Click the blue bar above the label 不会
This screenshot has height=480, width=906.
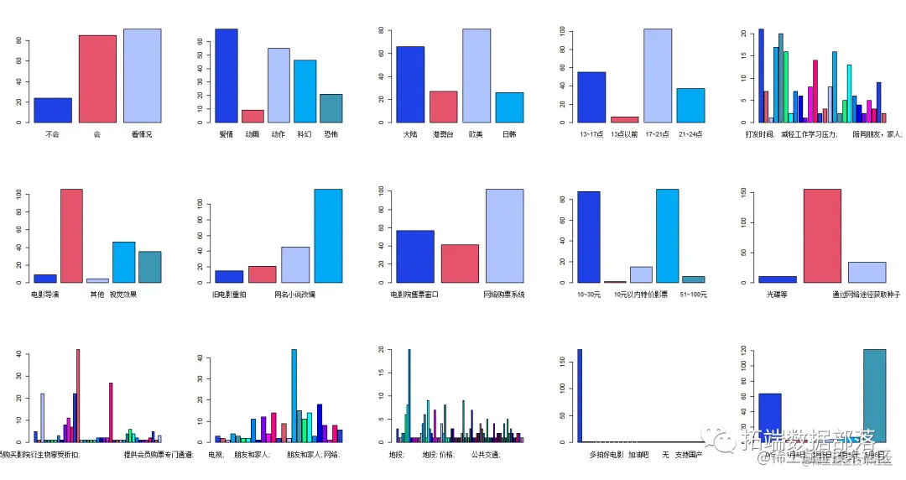pos(53,110)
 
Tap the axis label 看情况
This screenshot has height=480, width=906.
pos(142,134)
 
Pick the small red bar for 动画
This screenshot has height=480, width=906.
pos(253,116)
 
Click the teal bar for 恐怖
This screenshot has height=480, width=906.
pos(331,107)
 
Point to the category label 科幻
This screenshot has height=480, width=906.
pos(305,134)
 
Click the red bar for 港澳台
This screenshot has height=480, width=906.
pos(443,107)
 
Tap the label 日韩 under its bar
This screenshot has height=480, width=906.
pos(509,134)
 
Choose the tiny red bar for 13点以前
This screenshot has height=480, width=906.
pos(624,119)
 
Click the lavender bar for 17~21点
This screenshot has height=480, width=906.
pos(658,76)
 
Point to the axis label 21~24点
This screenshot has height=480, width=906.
pos(690,134)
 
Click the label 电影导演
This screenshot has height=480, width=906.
pos(44,295)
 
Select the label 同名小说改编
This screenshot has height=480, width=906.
pos(294,295)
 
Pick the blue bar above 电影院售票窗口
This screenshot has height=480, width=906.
pos(414,256)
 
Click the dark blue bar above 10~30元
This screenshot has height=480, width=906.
pos(589,237)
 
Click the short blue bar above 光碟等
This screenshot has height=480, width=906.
pos(777,279)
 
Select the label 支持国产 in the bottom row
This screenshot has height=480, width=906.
pos(688,455)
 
